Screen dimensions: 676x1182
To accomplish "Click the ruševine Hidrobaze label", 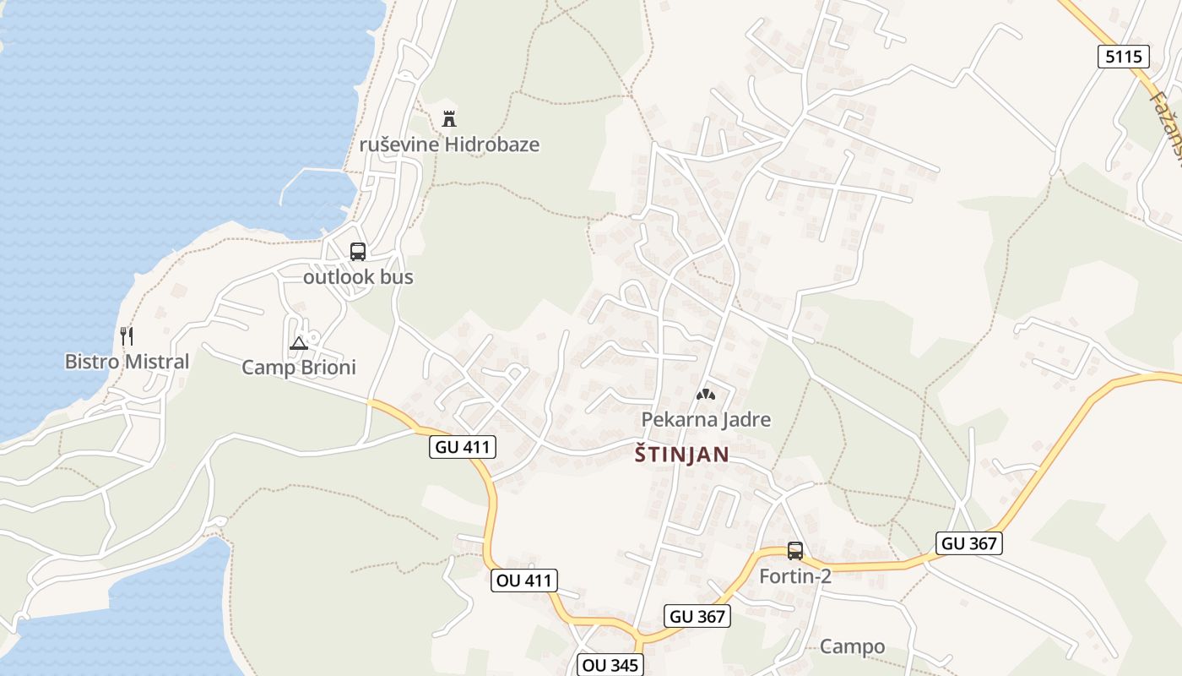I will click(449, 144).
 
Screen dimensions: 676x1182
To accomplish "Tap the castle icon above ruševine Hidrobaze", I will click(449, 119).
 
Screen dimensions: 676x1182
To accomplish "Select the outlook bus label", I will click(358, 276).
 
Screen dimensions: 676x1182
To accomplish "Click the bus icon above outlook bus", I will click(358, 251).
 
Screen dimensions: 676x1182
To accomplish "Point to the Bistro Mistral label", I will click(127, 362).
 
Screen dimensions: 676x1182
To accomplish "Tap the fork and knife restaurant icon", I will click(127, 336).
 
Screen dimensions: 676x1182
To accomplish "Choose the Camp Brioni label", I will click(299, 368).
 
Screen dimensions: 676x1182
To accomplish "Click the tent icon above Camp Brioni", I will click(298, 343).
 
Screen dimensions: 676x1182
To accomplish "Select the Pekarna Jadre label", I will click(706, 419).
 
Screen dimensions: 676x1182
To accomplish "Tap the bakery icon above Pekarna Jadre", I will click(705, 394).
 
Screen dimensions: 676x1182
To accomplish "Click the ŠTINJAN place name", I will click(681, 455).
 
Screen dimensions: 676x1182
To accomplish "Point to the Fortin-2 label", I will click(795, 576).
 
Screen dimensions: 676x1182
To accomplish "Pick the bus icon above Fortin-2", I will click(795, 551).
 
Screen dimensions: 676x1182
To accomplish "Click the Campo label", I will click(853, 647).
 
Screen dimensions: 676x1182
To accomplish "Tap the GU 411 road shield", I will click(463, 447).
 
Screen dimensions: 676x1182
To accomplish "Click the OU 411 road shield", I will click(523, 581).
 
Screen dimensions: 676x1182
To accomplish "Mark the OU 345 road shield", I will click(610, 665).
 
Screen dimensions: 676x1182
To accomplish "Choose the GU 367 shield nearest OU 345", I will click(697, 617).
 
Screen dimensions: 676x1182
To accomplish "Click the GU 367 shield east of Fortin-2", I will click(969, 543).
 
